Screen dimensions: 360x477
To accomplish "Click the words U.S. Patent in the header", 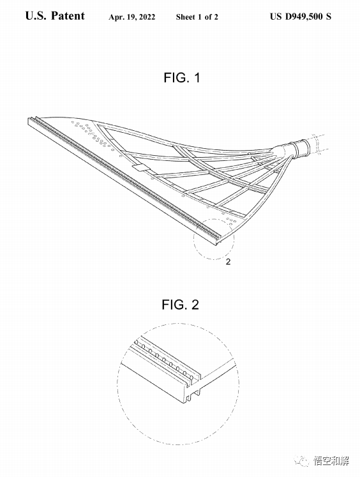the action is coord(55,16).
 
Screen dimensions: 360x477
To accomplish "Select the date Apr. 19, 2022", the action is coord(131,17).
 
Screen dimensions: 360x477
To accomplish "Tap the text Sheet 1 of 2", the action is coord(197,17).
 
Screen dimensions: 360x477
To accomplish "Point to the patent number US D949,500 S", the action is coord(301,17).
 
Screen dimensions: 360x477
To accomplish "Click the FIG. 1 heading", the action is coord(182,77).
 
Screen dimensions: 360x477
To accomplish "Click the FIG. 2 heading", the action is coord(180,305).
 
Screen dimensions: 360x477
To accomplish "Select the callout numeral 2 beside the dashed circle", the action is coord(228,261).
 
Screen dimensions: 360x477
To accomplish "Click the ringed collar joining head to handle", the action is coord(302,149).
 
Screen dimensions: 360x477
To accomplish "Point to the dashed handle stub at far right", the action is coord(318,143).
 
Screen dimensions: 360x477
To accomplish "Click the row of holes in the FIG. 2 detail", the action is coord(164,360).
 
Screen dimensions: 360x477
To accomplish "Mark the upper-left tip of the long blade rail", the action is coord(29,119).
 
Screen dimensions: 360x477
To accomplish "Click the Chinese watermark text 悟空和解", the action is coord(331,461).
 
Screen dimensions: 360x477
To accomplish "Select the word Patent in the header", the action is coord(68,16).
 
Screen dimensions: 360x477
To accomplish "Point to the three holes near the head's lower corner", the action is coord(231,220).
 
